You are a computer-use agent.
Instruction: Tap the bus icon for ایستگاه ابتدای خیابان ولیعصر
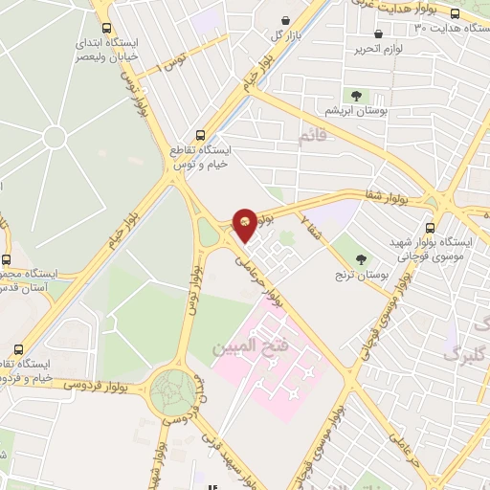point(105,29)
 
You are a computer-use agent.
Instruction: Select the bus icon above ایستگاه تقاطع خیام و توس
point(199,135)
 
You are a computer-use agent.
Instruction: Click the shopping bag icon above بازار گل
point(286,20)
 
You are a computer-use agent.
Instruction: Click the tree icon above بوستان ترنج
point(362,258)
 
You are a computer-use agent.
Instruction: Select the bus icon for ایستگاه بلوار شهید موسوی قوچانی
point(430,229)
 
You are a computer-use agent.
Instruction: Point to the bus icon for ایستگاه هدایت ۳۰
point(454,14)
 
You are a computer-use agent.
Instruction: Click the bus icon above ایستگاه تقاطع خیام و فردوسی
point(18,350)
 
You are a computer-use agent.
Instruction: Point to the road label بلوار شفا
point(386,197)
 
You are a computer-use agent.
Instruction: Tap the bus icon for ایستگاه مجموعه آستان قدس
point(6,259)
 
